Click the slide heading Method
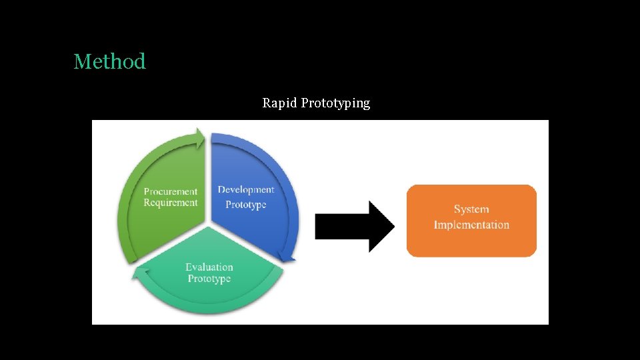[x=109, y=61]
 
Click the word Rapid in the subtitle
[x=279, y=103]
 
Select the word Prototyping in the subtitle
[x=335, y=103]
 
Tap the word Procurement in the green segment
[x=171, y=191]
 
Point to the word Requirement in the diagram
[x=171, y=203]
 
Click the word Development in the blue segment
[x=246, y=190]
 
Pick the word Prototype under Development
[x=246, y=204]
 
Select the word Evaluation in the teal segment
[x=209, y=267]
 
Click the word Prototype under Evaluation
[x=209, y=279]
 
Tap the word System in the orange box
[x=471, y=209]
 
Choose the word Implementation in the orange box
[x=471, y=225]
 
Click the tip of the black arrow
[x=393, y=227]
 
